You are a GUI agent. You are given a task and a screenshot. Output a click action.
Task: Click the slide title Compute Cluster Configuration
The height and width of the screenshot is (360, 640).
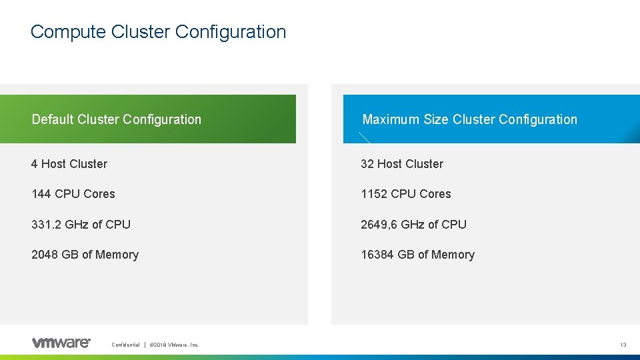point(158,31)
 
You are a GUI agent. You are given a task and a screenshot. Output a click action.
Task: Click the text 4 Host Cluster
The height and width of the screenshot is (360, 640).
point(69,164)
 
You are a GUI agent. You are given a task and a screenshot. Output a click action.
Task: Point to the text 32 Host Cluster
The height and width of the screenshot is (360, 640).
point(402,164)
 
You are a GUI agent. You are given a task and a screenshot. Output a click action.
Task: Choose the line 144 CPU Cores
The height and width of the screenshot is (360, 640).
point(73,194)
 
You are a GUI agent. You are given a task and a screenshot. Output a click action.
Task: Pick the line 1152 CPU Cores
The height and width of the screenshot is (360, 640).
point(406,194)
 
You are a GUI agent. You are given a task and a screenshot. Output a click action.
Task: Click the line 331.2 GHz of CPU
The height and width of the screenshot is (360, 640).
point(81,225)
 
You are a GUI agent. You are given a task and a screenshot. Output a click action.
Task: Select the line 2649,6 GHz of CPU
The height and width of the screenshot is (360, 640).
point(413,225)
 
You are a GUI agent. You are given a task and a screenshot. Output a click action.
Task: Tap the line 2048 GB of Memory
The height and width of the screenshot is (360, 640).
point(85,255)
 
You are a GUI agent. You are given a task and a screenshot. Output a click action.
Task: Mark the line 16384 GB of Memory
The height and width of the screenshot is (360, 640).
point(417,255)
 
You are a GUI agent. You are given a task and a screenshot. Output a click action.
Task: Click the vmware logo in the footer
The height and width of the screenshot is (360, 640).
point(61,343)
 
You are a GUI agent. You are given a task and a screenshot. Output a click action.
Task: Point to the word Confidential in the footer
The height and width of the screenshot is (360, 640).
point(125,345)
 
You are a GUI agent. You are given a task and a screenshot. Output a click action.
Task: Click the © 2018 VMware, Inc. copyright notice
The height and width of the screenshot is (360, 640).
point(175,345)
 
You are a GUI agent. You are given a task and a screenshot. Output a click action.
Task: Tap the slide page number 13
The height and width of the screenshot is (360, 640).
point(623,345)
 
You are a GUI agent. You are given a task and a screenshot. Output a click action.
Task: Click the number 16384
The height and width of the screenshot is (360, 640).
point(377,255)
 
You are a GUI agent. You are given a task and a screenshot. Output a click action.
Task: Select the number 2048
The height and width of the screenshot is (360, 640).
point(45,255)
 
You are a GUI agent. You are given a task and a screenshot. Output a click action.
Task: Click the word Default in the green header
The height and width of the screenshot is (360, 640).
point(53,119)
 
